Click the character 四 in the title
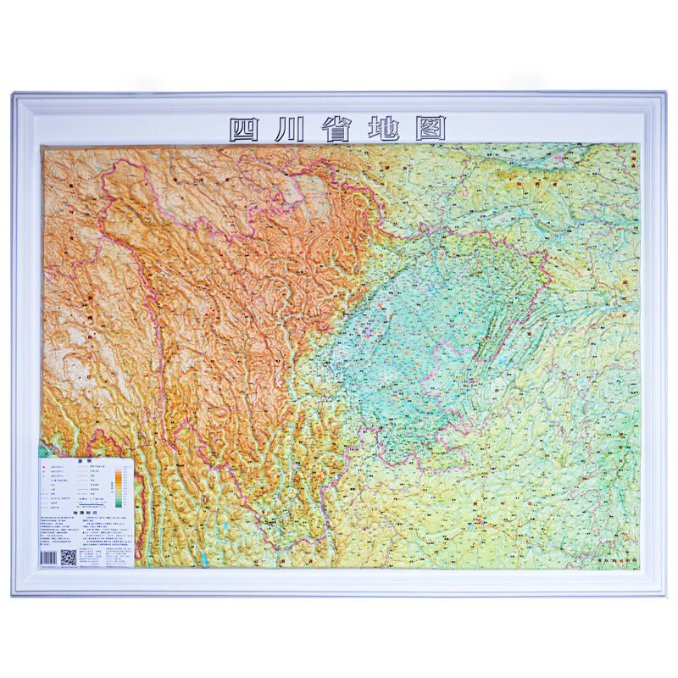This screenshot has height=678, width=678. (x=246, y=128)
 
